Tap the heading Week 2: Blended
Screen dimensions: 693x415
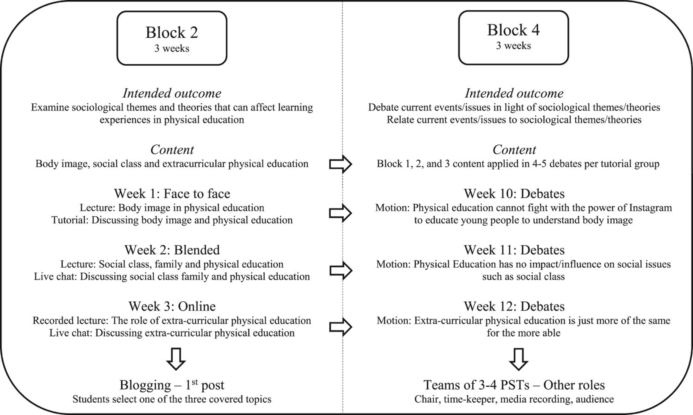click(172, 250)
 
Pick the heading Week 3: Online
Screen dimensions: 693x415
click(172, 306)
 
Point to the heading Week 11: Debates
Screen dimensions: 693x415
click(514, 250)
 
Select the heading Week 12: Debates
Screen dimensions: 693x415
click(514, 306)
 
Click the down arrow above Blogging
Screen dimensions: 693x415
click(176, 359)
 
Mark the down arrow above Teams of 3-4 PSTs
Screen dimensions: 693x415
click(519, 359)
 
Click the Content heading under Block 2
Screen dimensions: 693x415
click(172, 150)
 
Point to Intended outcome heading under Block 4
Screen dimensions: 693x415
click(514, 93)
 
